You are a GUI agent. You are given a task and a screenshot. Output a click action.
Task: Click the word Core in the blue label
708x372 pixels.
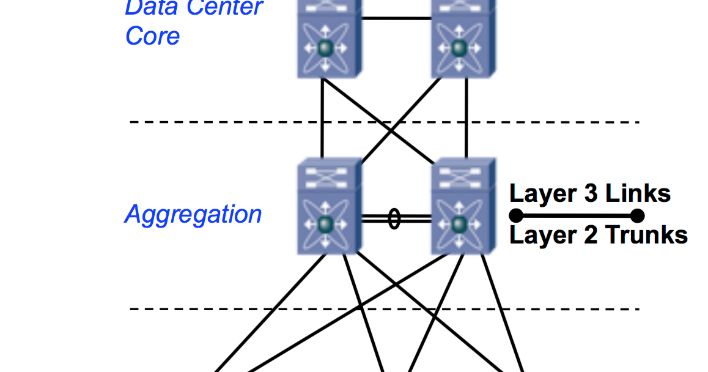(152, 36)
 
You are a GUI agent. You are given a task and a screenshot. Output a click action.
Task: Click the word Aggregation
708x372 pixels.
(193, 215)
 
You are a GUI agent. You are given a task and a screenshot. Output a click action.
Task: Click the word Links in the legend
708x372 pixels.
(638, 194)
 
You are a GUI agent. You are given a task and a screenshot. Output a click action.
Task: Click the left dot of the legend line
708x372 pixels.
(515, 215)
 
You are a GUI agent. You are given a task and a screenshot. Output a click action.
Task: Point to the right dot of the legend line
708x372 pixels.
(637, 215)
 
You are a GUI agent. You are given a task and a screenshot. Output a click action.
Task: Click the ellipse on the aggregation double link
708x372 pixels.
(394, 218)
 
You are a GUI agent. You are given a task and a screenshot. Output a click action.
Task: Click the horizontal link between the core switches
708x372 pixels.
(397, 18)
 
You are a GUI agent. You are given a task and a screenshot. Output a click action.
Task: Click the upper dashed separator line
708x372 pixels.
(245, 122)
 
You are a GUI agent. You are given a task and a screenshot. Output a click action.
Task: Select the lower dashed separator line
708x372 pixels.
(245, 309)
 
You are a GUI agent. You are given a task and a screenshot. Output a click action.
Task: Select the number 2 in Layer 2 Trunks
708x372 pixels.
(590, 236)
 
